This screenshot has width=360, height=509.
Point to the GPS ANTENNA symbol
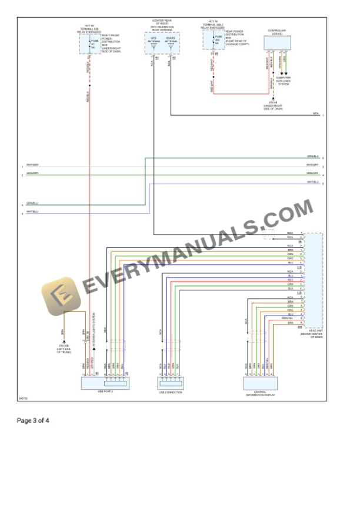point(153,45)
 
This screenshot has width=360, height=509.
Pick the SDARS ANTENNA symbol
point(171,45)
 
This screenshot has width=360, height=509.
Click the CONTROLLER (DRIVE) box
point(277,43)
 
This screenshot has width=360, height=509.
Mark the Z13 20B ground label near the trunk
point(63,349)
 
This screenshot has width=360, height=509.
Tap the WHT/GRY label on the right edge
point(312,166)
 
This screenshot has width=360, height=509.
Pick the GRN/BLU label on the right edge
point(312,157)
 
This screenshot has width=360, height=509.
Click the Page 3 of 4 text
point(33,420)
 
